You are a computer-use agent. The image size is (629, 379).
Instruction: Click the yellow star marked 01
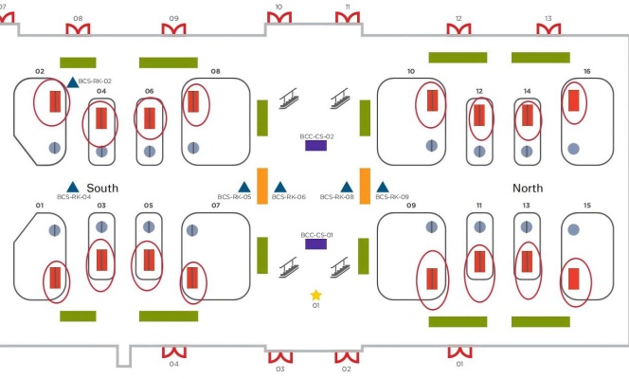(316, 296)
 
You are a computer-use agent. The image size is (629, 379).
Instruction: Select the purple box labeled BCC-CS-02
(315, 146)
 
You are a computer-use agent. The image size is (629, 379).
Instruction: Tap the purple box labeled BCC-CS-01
(315, 244)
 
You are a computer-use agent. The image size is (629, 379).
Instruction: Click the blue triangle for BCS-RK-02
(72, 82)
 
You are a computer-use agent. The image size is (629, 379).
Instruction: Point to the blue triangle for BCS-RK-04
(72, 187)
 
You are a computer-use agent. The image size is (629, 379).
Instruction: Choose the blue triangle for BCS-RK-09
(383, 187)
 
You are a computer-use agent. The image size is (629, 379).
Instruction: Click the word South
(102, 189)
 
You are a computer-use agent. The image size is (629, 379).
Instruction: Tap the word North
(528, 189)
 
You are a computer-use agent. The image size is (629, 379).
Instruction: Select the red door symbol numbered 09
(173, 30)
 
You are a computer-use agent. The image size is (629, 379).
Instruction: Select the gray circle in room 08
(193, 148)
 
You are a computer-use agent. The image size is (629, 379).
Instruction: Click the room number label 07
(215, 206)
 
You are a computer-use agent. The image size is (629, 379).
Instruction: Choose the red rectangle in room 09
(432, 279)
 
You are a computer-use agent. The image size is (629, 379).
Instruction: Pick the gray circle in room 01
(54, 229)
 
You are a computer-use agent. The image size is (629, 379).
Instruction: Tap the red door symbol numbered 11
(348, 20)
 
